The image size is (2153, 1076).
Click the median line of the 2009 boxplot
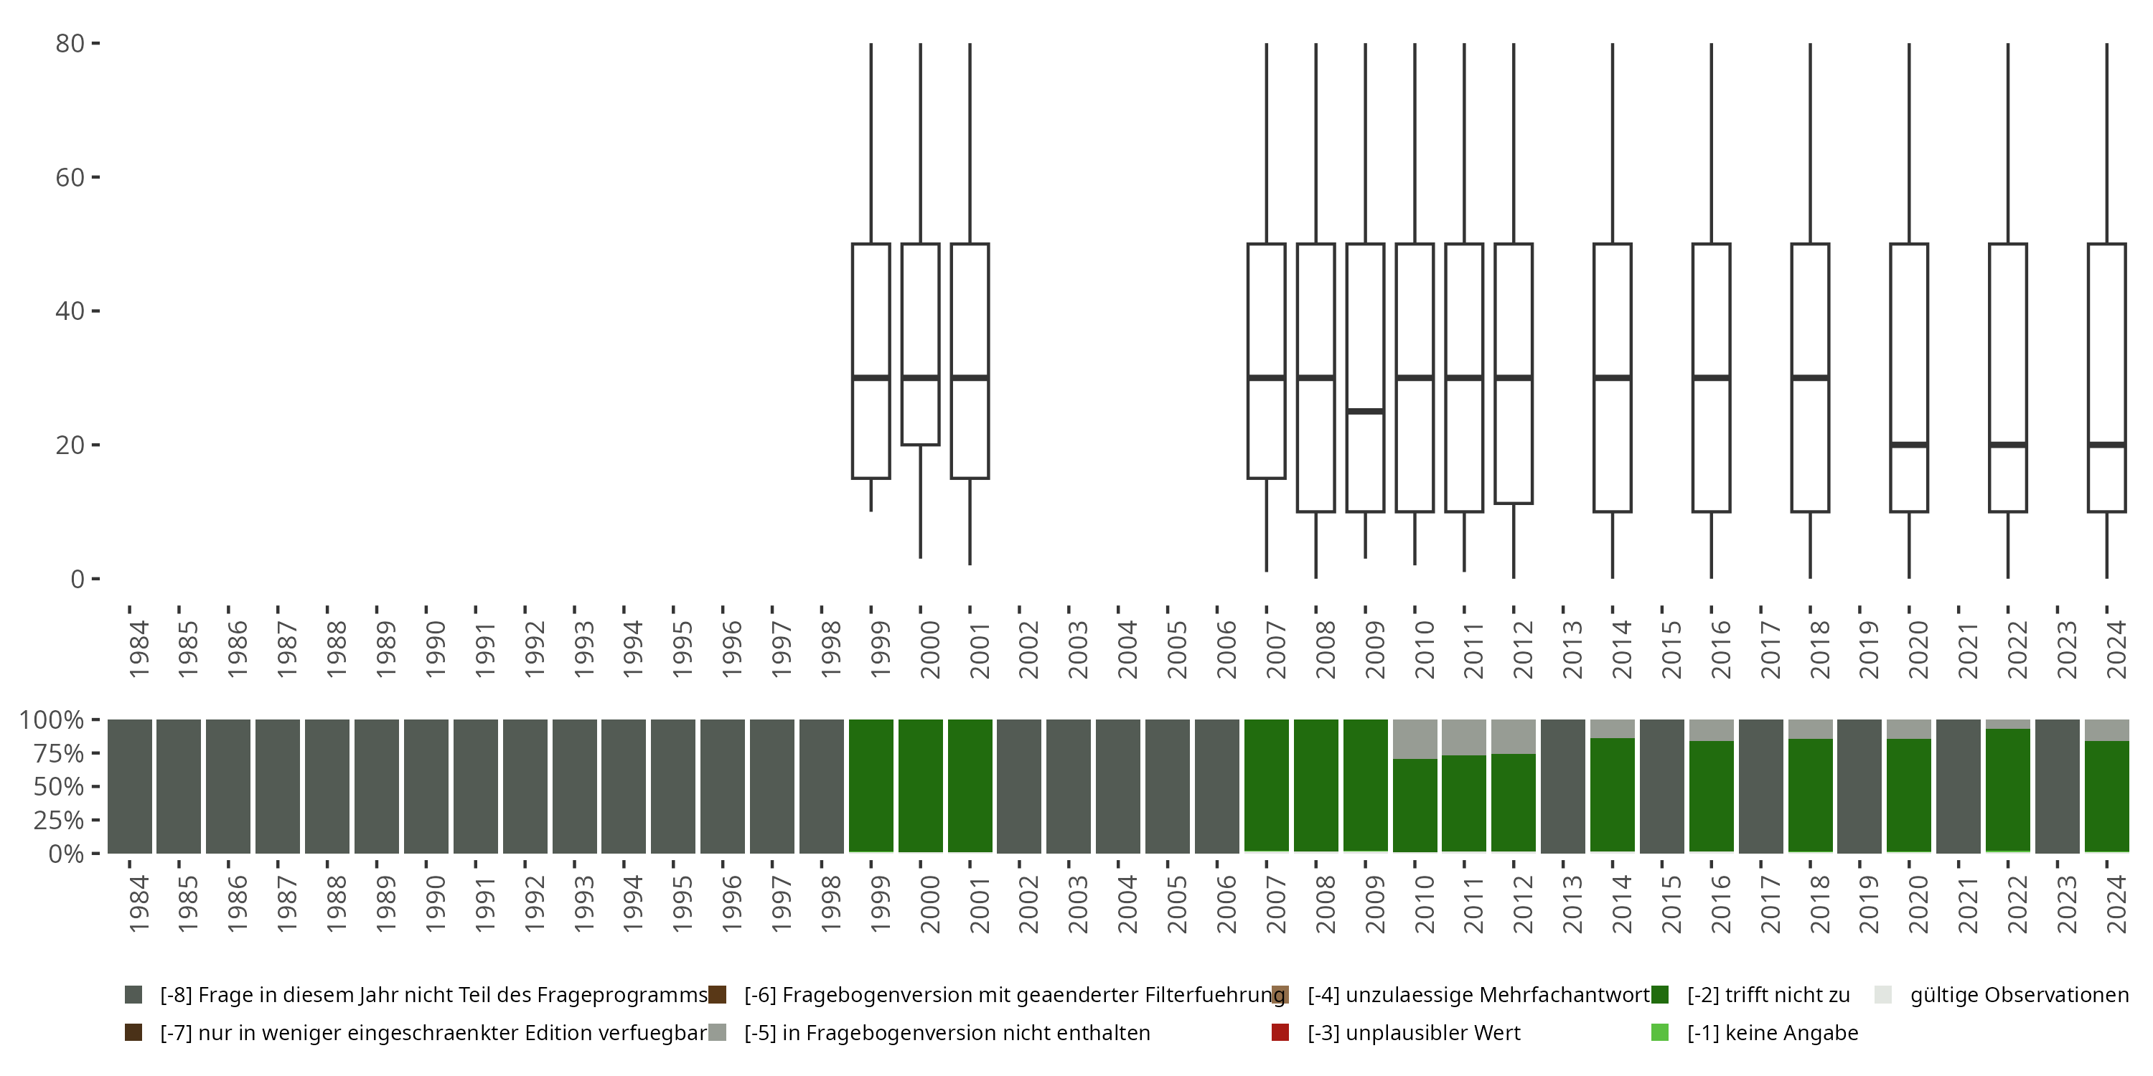pos(1365,411)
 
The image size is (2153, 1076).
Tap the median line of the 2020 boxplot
pos(1909,445)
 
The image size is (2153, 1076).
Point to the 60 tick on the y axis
pos(95,177)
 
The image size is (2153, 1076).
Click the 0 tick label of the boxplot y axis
pos(78,579)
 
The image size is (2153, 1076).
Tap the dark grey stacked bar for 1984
pos(130,786)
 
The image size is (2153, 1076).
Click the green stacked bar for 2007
pos(1266,785)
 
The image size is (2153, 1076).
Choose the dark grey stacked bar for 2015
pos(1662,786)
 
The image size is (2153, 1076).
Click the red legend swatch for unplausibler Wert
pos(1280,1032)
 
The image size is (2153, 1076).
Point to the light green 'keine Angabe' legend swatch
pos(1660,1032)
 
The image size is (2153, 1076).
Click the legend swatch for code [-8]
pos(133,995)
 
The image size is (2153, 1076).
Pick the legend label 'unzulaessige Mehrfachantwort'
pos(1478,995)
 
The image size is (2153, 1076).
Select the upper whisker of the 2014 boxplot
pos(1613,142)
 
